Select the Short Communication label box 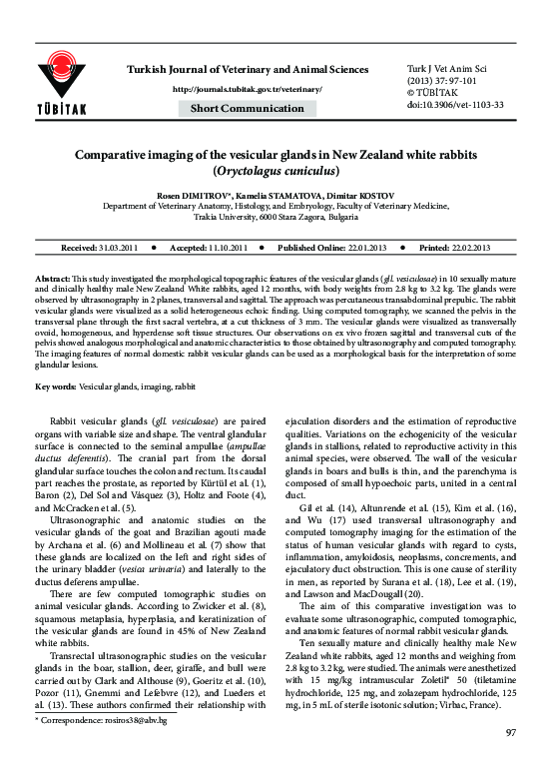pyautogui.click(x=247, y=108)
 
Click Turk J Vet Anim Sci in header pyautogui.click(x=440, y=68)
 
